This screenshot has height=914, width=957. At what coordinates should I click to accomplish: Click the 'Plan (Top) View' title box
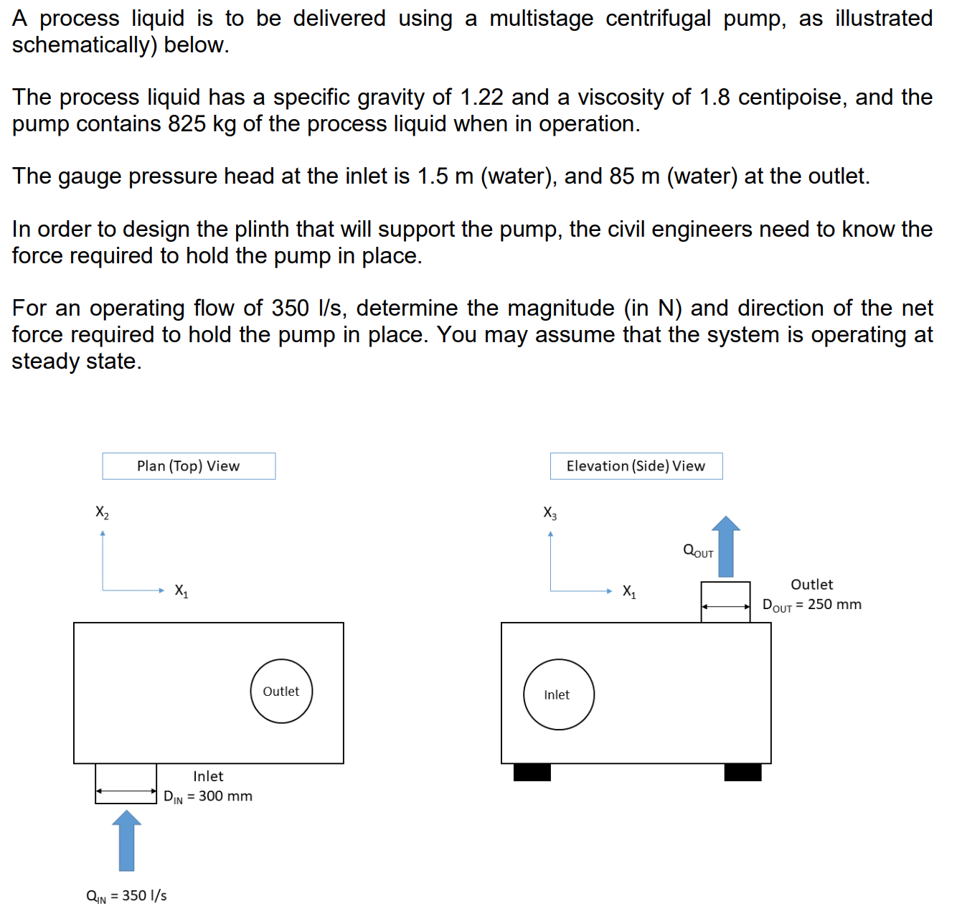(189, 466)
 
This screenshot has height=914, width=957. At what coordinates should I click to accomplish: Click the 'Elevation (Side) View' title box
(636, 466)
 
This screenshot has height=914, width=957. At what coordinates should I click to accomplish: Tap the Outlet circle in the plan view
(281, 691)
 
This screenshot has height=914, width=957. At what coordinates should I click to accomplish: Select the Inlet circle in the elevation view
(558, 694)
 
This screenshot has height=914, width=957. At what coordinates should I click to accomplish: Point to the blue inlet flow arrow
(126, 841)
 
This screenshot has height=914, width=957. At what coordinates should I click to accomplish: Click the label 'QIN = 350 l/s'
(126, 896)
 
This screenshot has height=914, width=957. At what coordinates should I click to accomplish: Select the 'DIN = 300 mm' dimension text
(208, 796)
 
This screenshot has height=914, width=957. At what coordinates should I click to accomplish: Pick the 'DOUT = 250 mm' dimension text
(811, 605)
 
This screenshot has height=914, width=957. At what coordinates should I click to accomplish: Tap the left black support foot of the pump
(532, 773)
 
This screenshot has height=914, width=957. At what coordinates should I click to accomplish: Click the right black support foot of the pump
(742, 773)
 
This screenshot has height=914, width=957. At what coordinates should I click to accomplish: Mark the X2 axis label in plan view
(102, 512)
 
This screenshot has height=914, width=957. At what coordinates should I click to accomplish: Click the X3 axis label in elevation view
(550, 513)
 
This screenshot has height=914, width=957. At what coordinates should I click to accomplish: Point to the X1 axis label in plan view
(181, 591)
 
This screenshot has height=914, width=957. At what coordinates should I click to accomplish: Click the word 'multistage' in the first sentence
(541, 18)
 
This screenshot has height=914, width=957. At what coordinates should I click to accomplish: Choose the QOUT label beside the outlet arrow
(698, 551)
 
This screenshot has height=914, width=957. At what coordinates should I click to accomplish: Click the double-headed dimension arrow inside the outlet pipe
(725, 607)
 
